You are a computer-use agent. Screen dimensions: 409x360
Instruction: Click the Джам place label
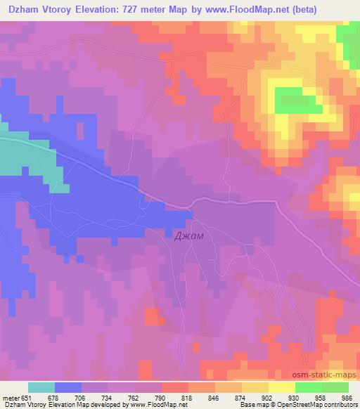[x=189, y=236]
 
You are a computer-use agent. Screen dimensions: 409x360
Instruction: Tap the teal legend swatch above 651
[x=41, y=387]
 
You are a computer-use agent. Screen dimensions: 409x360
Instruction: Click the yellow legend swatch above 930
[x=282, y=387]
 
